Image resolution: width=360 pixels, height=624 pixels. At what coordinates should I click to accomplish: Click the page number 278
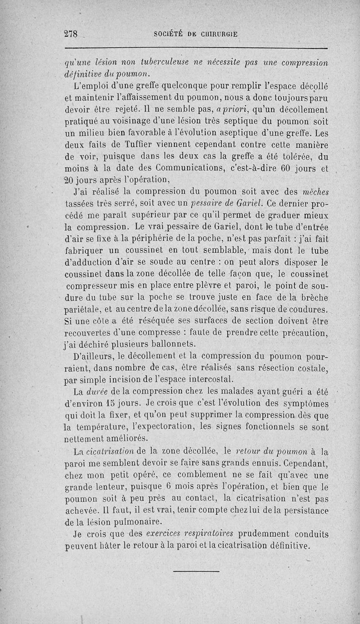click(71, 34)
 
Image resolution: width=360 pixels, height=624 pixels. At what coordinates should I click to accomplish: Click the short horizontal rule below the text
click(196, 571)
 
